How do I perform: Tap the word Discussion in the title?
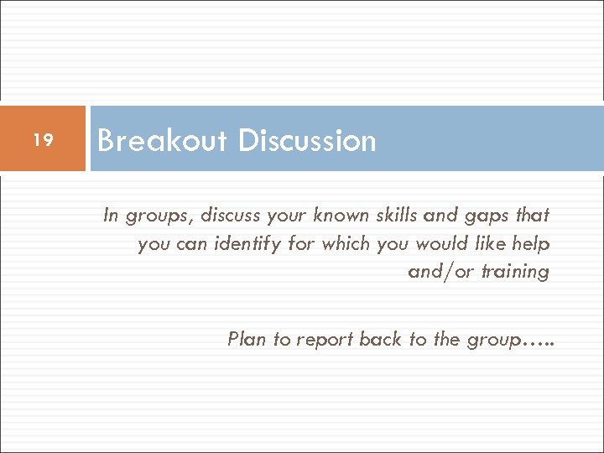[x=306, y=140]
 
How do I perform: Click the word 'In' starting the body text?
[x=111, y=216]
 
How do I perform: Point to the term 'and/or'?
[x=440, y=272]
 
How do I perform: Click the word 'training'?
[x=514, y=272]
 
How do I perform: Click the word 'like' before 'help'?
[x=487, y=244]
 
